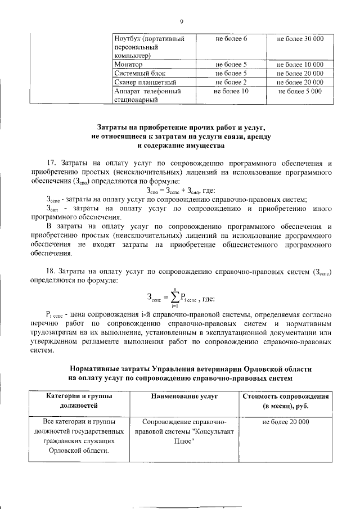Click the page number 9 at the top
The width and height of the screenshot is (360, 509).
182,22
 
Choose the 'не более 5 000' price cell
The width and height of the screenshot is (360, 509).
300,91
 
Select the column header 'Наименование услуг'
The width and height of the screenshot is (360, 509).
184,397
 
